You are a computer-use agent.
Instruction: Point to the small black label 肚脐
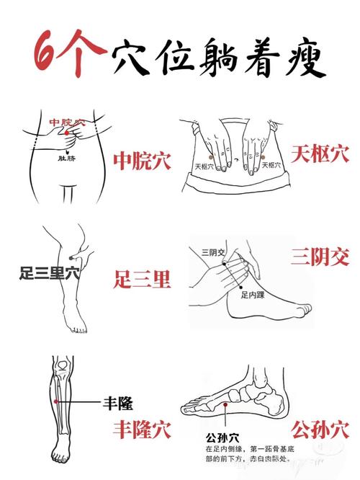point(66,156)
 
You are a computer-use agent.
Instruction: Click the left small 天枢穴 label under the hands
point(207,166)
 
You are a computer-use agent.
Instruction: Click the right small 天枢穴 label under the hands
point(271,165)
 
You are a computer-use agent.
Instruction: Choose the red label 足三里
point(143,278)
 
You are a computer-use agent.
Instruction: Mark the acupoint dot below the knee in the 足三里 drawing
point(71,257)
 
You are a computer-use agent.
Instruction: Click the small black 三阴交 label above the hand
point(213,252)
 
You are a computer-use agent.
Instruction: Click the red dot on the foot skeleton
point(226,406)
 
